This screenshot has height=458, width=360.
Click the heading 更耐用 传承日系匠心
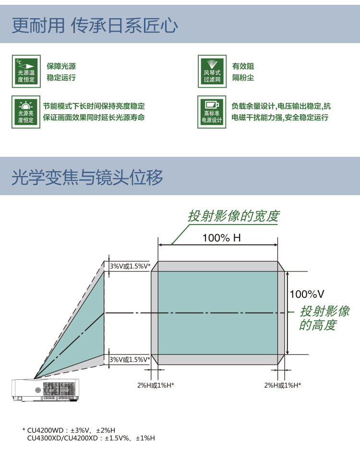(95, 25)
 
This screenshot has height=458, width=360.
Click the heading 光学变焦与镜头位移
(87, 177)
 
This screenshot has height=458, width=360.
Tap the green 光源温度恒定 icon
(26, 71)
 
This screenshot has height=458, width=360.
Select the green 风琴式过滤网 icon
(212, 71)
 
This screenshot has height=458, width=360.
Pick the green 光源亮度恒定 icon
(26, 112)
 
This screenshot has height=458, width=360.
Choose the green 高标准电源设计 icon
(212, 112)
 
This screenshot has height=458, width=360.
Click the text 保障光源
(61, 66)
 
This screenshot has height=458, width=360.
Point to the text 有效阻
(243, 66)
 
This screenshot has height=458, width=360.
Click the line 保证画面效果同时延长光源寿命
(94, 117)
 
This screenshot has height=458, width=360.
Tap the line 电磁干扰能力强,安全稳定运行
(280, 117)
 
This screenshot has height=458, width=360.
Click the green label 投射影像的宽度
(234, 216)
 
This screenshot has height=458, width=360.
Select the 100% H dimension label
(222, 238)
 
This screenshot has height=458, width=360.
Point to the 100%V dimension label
(307, 294)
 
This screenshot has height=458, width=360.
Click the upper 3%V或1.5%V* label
(130, 266)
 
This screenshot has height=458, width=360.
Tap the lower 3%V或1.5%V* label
(130, 359)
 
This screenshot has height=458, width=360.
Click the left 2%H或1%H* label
(156, 385)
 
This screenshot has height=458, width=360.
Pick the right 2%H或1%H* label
(283, 385)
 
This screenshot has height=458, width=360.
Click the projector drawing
(45, 390)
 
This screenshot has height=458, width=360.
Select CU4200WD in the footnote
(45, 430)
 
